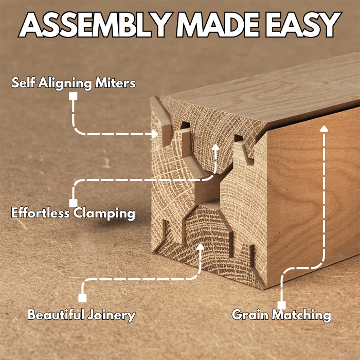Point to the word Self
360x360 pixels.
click(23, 82)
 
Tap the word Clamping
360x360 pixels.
click(104, 213)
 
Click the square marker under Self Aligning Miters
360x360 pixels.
click(74, 96)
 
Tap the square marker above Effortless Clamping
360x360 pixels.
click(74, 203)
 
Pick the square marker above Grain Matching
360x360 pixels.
click(281, 304)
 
